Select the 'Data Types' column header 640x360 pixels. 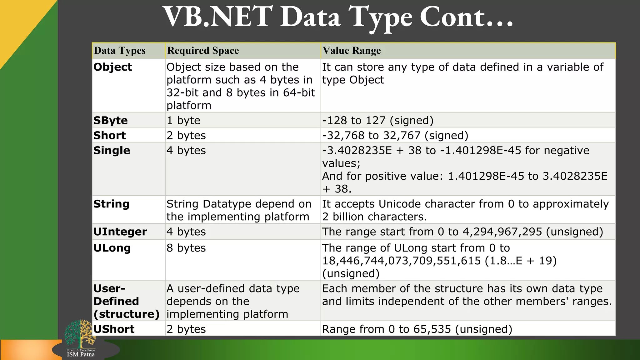[x=120, y=51]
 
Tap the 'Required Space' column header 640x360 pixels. [x=203, y=51]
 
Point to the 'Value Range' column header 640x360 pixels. [x=352, y=51]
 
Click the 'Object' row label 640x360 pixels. [x=113, y=67]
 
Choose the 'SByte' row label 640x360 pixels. [x=111, y=120]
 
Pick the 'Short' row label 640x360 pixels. [x=110, y=135]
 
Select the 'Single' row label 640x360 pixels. [x=112, y=151]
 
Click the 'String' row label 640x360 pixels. [x=112, y=204]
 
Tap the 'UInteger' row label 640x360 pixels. [x=120, y=232]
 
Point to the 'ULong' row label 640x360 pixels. [x=112, y=248]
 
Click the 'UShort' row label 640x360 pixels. [x=114, y=329]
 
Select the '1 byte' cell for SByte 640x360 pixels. [x=183, y=120]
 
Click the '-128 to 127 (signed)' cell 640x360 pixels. [x=378, y=120]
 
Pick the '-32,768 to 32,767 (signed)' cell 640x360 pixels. [x=395, y=135]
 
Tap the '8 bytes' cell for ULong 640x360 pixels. [x=186, y=248]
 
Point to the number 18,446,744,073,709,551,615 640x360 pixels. [x=402, y=261]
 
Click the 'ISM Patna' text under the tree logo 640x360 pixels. [x=81, y=354]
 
